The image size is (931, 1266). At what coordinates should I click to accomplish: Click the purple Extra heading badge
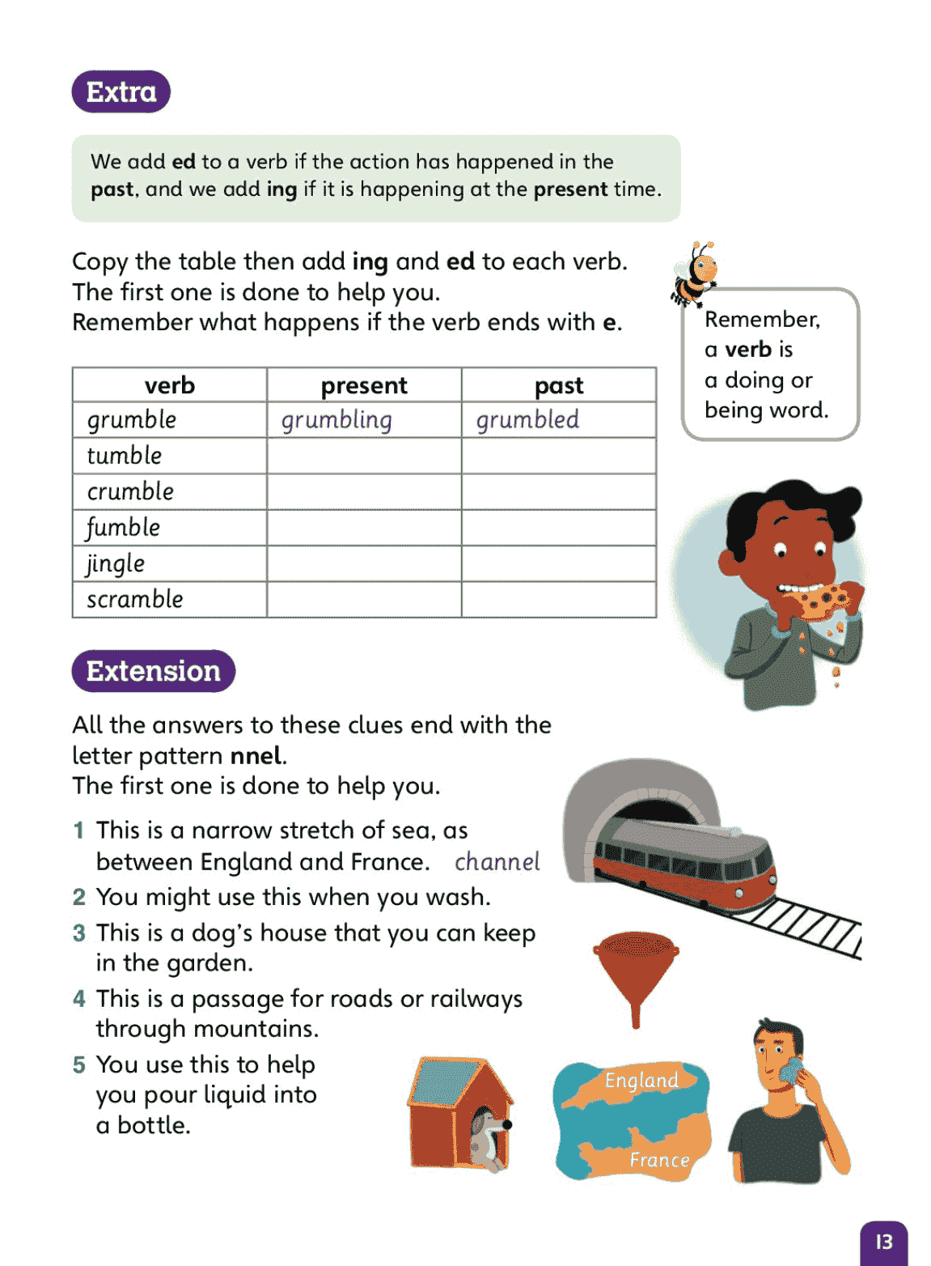click(121, 91)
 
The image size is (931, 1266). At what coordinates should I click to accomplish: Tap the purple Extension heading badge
click(154, 671)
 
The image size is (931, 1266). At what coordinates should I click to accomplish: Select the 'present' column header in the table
click(364, 385)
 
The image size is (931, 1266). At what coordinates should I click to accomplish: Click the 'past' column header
click(559, 385)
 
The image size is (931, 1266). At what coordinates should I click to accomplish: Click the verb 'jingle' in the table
click(116, 563)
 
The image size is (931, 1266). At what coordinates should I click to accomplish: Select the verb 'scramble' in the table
click(135, 599)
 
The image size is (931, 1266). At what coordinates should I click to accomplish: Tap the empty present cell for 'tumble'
click(364, 456)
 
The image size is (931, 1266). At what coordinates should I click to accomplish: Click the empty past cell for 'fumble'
click(559, 528)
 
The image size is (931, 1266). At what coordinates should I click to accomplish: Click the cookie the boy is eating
click(825, 601)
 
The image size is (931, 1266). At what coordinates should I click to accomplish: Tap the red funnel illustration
click(636, 971)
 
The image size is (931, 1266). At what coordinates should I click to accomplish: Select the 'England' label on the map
click(641, 1081)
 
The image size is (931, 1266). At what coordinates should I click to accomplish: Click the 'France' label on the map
click(659, 1160)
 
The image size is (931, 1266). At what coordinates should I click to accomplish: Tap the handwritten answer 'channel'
click(497, 862)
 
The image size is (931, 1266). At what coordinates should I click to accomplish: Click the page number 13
click(884, 1242)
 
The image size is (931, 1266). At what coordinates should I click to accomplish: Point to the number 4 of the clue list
click(78, 999)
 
